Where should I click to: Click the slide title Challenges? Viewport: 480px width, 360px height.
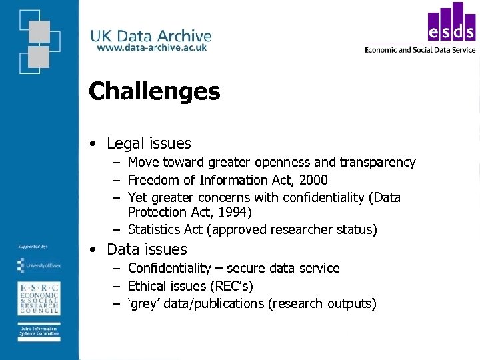click(154, 91)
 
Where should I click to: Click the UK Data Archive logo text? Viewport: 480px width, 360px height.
click(151, 36)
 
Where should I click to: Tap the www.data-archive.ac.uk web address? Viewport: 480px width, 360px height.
click(151, 47)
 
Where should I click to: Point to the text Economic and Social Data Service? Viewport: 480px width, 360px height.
click(420, 49)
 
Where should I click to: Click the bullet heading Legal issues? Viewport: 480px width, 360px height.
click(149, 143)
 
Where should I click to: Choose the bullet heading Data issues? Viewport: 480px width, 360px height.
click(147, 249)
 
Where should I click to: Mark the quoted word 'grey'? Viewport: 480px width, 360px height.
click(144, 304)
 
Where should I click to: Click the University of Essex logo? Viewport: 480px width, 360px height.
click(39, 265)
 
